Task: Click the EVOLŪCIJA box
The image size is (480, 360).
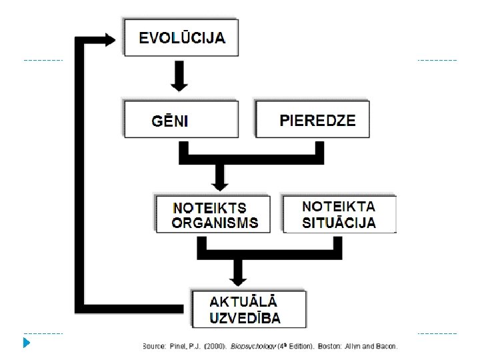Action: click(x=182, y=37)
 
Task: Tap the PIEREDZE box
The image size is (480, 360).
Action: click(x=313, y=119)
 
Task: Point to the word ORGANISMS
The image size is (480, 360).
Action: click(x=215, y=223)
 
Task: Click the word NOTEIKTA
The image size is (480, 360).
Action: click(x=339, y=207)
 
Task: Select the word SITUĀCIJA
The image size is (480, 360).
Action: click(x=339, y=222)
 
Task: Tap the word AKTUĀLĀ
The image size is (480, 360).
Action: click(x=244, y=303)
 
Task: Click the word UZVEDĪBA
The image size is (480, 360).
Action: click(x=245, y=318)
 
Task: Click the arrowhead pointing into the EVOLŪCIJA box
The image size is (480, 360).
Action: click(x=110, y=39)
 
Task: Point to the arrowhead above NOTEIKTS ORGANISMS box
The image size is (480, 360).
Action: click(x=218, y=181)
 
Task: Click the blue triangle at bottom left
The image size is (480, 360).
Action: click(x=25, y=344)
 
